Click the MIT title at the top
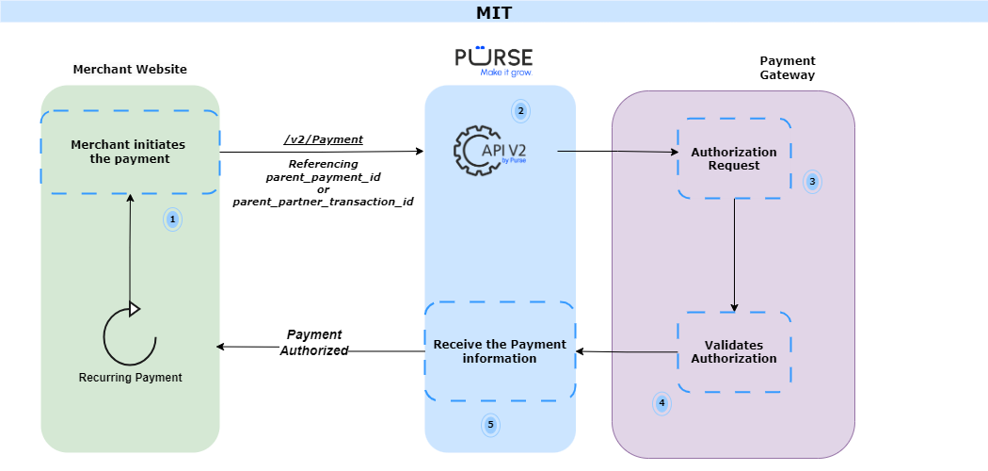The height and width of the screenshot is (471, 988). click(x=494, y=12)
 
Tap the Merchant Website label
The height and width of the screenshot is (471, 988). click(x=130, y=69)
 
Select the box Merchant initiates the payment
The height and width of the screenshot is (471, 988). click(x=129, y=152)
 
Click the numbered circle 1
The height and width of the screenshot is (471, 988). click(x=171, y=219)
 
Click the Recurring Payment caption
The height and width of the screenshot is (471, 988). click(x=130, y=377)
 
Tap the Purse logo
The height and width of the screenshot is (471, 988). click(x=494, y=59)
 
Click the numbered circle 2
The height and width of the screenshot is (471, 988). click(x=519, y=110)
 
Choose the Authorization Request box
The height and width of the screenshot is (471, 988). click(x=734, y=158)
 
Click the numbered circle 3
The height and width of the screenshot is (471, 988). click(x=812, y=182)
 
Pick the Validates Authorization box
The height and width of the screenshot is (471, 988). click(x=734, y=351)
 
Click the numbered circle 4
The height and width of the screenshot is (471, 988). click(x=661, y=403)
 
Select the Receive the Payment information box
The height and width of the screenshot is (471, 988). click(x=500, y=351)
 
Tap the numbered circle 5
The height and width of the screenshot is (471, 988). click(x=489, y=425)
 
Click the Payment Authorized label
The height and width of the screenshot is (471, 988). click(x=314, y=343)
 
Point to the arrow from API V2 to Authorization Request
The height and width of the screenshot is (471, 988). click(x=617, y=151)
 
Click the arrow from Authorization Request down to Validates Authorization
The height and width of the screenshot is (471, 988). click(x=734, y=254)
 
